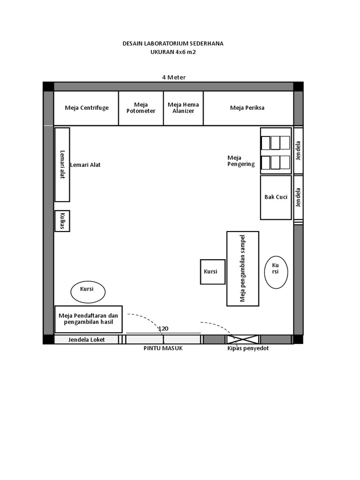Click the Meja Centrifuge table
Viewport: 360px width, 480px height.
click(86, 108)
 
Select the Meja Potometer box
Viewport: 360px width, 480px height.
click(141, 108)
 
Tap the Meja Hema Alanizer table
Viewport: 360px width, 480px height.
click(183, 108)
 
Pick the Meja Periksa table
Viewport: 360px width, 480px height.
click(248, 108)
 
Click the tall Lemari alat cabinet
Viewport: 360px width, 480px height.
click(62, 165)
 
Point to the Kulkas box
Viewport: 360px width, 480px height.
click(62, 221)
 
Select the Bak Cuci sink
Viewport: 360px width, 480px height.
click(276, 197)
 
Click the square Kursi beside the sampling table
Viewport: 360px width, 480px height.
click(213, 272)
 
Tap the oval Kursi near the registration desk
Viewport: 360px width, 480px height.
click(88, 292)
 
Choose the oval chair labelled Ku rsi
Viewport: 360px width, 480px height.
click(276, 272)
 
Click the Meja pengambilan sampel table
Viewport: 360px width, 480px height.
click(243, 269)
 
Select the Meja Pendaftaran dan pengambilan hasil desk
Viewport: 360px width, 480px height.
click(89, 319)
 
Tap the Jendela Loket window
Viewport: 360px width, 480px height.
click(86, 339)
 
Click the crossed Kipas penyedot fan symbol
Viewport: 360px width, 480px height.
click(242, 339)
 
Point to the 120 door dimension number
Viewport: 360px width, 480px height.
click(163, 329)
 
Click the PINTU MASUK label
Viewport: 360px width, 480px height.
click(163, 348)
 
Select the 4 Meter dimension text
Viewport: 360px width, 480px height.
click(174, 77)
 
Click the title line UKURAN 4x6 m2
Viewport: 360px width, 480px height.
click(173, 52)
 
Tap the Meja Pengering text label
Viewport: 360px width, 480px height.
click(241, 161)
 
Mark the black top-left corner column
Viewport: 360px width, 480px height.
click(48, 87)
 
